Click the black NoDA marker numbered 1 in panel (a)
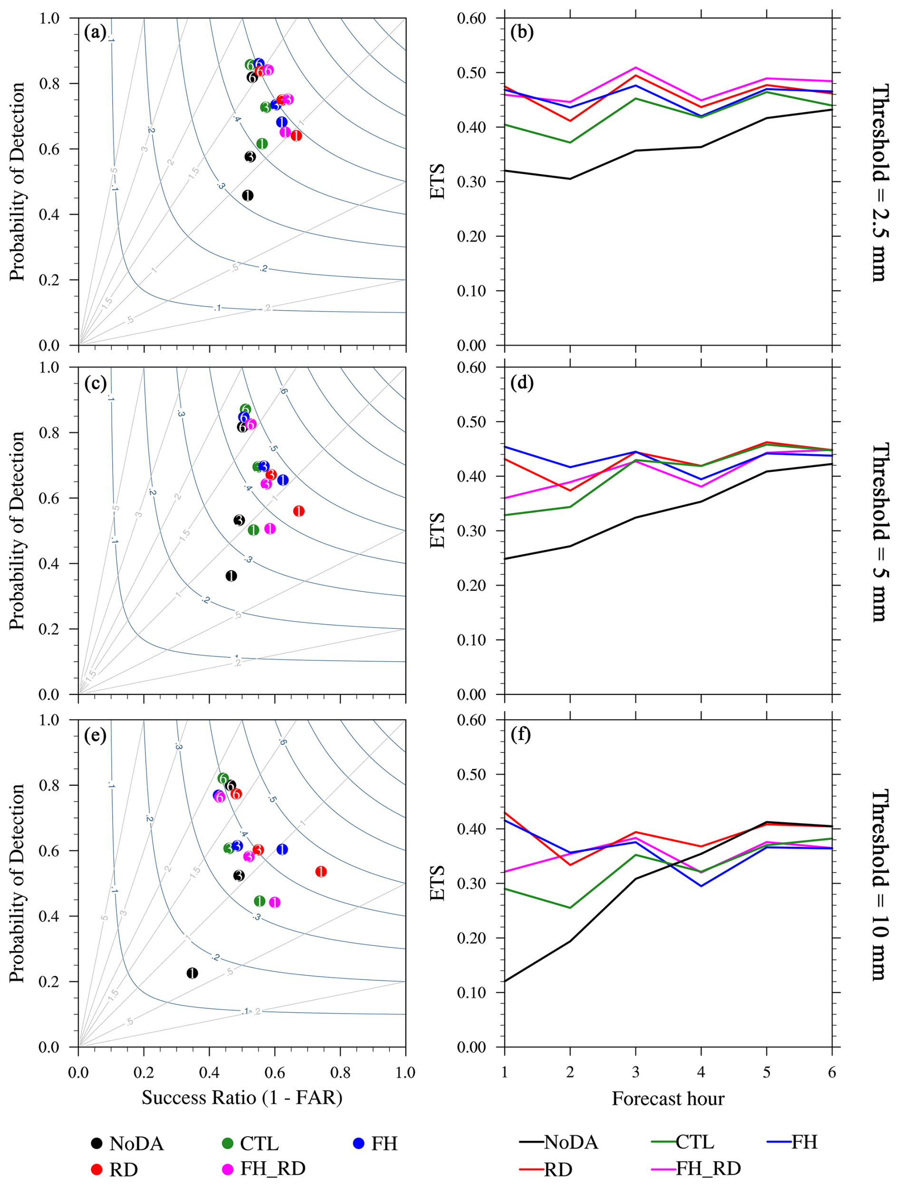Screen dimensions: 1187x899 (248, 195)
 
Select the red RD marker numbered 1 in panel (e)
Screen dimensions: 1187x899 (321, 872)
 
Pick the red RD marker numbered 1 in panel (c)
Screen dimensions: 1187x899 (299, 511)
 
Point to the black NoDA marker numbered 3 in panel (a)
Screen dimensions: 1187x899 (250, 157)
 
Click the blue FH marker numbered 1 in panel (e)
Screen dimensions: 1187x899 (282, 849)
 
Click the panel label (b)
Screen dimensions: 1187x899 (522, 33)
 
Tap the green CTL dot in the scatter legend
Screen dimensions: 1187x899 (228, 1143)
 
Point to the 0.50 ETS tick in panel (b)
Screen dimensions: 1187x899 (471, 73)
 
